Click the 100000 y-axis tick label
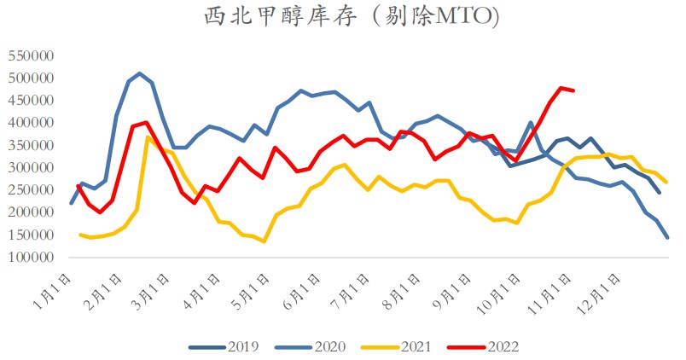click(x=30, y=258)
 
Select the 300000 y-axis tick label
click(x=30, y=168)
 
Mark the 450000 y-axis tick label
click(x=30, y=101)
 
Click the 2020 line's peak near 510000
click(x=140, y=73)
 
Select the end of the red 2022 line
click(x=573, y=90)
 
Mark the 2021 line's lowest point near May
click(x=264, y=241)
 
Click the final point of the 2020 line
click(x=667, y=237)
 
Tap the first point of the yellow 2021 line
click(x=79, y=235)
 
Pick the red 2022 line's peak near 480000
click(x=561, y=88)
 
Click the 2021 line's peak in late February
click(x=148, y=136)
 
